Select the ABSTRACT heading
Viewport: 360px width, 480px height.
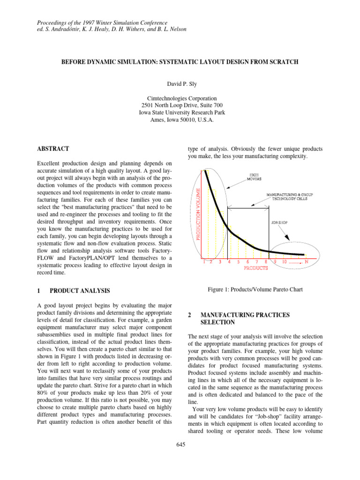coord(53,149)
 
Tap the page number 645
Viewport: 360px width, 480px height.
coord(180,445)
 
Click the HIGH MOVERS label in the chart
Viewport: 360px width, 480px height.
coord(255,177)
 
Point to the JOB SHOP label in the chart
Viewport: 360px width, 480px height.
coord(279,223)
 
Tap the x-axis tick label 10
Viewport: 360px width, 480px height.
coord(285,262)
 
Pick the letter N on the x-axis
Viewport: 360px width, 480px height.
coord(306,262)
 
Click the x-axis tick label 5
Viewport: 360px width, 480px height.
coord(239,262)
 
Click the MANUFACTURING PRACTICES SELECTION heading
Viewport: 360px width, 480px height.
coord(240,319)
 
